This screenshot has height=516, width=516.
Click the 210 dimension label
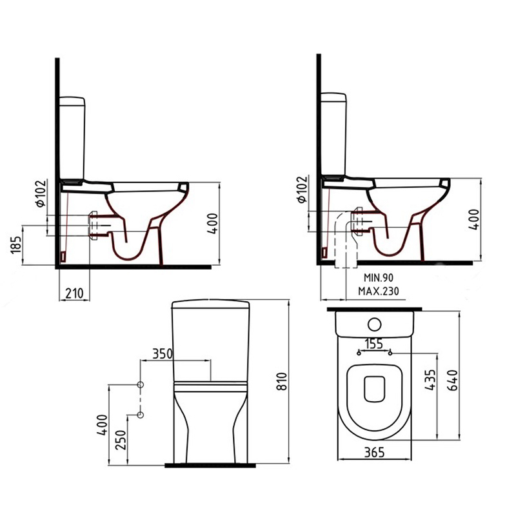pos(74,293)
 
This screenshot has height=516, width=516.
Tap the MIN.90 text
pos(379,278)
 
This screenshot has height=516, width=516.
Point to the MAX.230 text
pos(379,291)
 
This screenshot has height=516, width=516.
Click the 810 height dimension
pos(282,381)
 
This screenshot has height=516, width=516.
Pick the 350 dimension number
pos(163,353)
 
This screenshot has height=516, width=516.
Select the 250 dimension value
pos(121,440)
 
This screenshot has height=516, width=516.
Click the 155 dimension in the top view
pos(375,344)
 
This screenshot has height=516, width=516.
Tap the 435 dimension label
pos(430,380)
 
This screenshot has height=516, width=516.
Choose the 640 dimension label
pos(453,380)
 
